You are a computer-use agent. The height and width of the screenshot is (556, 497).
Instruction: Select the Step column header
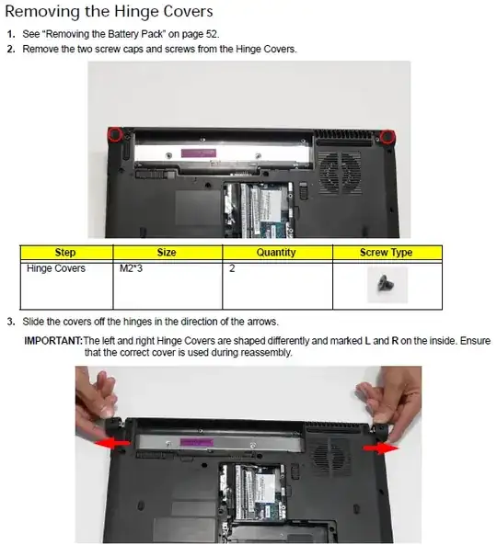coord(65,252)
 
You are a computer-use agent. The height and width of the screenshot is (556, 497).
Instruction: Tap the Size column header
coord(167,252)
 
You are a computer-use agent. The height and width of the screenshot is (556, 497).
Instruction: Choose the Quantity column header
coord(276,252)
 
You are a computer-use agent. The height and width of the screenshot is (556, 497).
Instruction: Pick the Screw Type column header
coord(387,252)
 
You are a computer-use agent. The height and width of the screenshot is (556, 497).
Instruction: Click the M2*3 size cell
coord(131,268)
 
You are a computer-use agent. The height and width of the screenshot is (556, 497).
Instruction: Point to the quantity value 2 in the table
coord(232,268)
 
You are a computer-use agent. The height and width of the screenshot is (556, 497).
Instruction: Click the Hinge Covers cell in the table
coord(56,268)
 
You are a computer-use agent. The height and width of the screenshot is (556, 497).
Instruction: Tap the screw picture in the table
coord(386,284)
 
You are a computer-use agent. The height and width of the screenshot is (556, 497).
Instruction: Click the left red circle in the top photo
coord(115,134)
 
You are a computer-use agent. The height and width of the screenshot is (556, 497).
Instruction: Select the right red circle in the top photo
coord(387,137)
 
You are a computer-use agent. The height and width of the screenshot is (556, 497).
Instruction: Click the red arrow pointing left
coord(112,443)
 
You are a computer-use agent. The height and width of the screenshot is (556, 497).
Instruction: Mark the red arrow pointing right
coord(380,448)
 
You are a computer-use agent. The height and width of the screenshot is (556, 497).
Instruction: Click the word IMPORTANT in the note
coord(53,341)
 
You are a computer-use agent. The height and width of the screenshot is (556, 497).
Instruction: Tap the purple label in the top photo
coord(199,153)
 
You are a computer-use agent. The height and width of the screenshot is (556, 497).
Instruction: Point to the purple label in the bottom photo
coord(197,442)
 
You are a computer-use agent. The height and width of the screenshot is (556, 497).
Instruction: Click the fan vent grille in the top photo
coord(341,173)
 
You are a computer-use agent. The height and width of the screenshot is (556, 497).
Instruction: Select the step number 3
coord(11,322)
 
